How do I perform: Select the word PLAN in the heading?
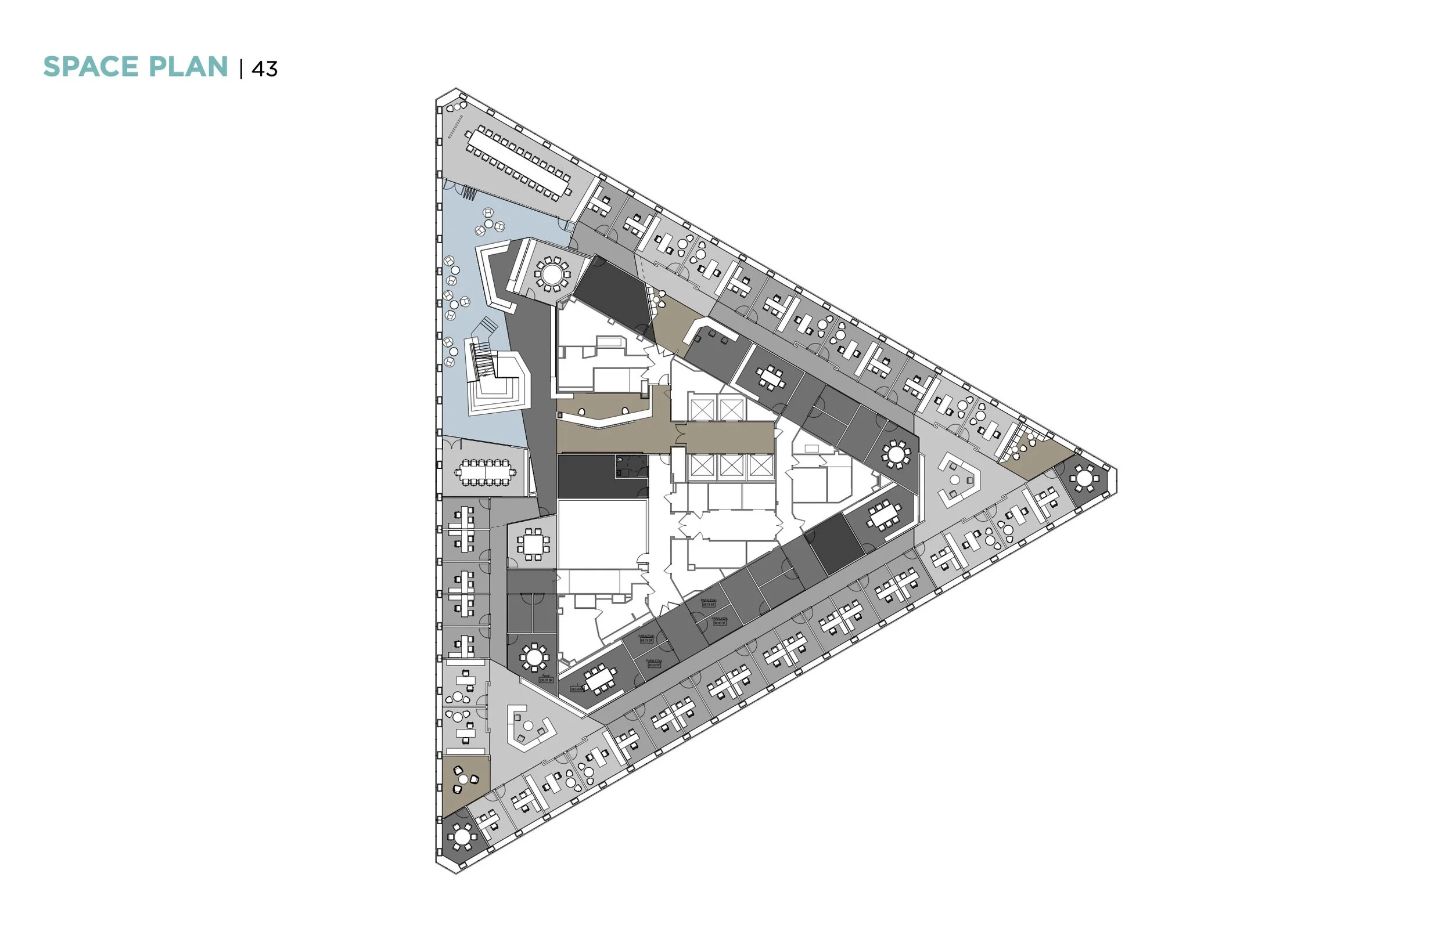click(x=189, y=67)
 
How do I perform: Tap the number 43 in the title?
click(x=264, y=69)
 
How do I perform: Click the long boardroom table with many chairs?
click(x=519, y=162)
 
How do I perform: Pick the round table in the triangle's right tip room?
click(x=1084, y=478)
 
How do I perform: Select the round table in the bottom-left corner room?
click(x=462, y=836)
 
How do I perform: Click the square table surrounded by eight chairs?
click(x=533, y=544)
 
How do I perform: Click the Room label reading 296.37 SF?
click(x=546, y=678)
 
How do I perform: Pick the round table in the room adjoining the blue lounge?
click(x=552, y=273)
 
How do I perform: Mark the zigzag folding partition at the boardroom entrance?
click(x=468, y=193)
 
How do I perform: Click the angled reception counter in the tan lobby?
click(x=601, y=417)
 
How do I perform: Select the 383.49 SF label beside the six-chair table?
click(x=577, y=688)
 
